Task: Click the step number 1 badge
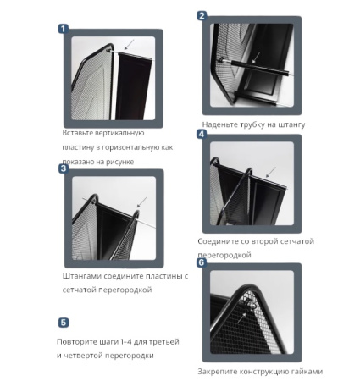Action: (64, 29)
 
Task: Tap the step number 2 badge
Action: (202, 16)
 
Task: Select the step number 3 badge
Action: (64, 168)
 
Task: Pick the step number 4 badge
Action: (202, 134)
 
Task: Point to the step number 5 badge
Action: (64, 323)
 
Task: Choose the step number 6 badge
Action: (202, 262)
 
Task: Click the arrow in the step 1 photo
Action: (129, 44)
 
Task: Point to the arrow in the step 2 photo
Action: (256, 58)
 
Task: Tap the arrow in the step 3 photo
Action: (141, 202)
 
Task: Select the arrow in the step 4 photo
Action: (271, 172)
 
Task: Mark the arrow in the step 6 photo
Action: (241, 317)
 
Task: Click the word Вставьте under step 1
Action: (77, 133)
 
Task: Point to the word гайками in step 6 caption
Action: (307, 372)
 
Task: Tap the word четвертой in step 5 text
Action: (83, 356)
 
